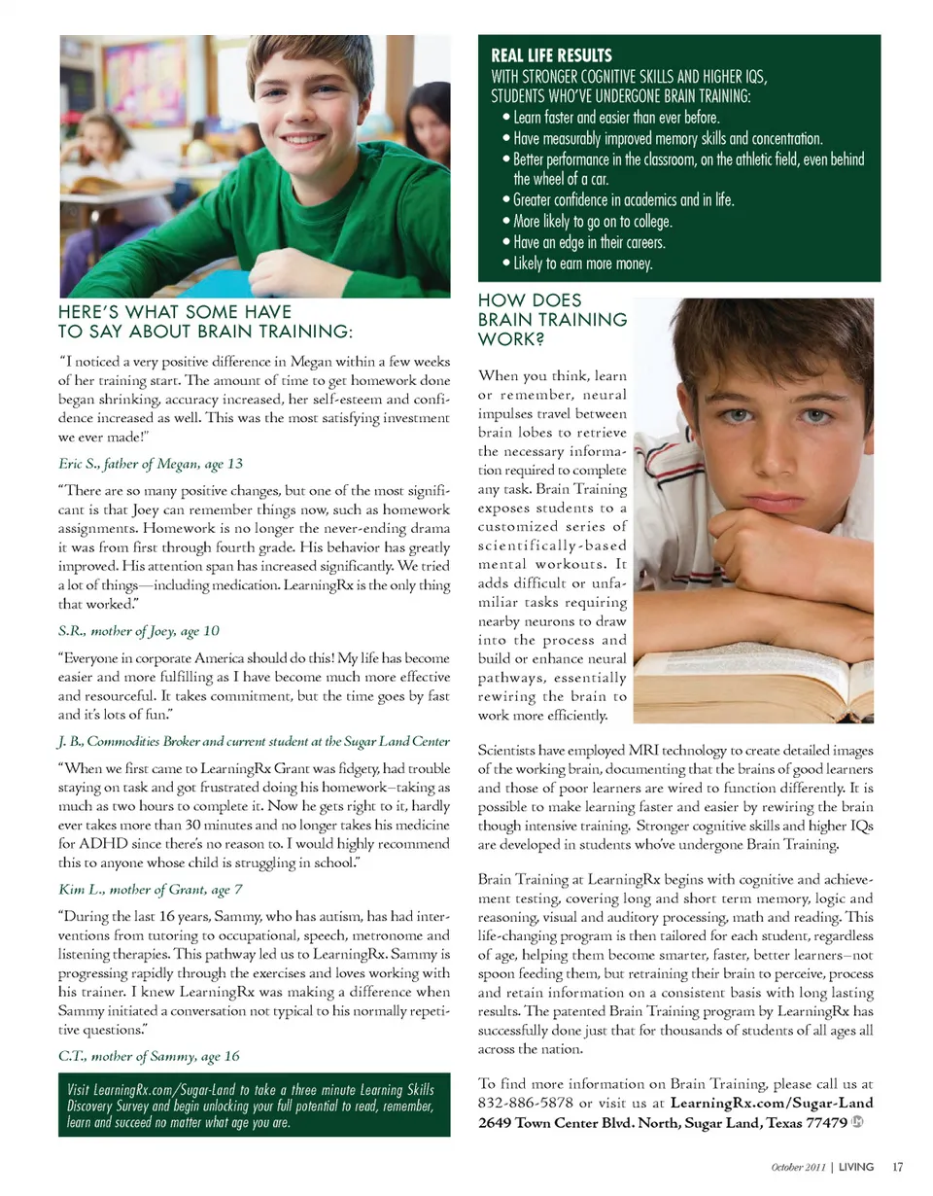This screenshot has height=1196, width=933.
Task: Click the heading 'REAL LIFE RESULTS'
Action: pos(551,55)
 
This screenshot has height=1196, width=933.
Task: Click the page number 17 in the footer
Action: pos(898,1166)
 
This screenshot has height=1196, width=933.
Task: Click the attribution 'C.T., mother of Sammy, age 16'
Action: pos(150,1055)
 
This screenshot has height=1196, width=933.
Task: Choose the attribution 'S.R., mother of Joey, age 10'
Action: pos(139,630)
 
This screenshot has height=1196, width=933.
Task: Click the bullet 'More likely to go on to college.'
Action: pos(593,221)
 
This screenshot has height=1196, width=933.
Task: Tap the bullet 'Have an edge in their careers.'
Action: pos(589,242)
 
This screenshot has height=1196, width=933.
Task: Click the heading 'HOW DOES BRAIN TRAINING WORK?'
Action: pos(552,320)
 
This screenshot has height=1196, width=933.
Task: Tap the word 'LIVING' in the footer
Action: pos(856,1166)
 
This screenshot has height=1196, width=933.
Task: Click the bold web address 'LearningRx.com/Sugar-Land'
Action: pos(771,1103)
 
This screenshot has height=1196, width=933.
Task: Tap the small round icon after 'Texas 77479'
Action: pos(857,1121)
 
